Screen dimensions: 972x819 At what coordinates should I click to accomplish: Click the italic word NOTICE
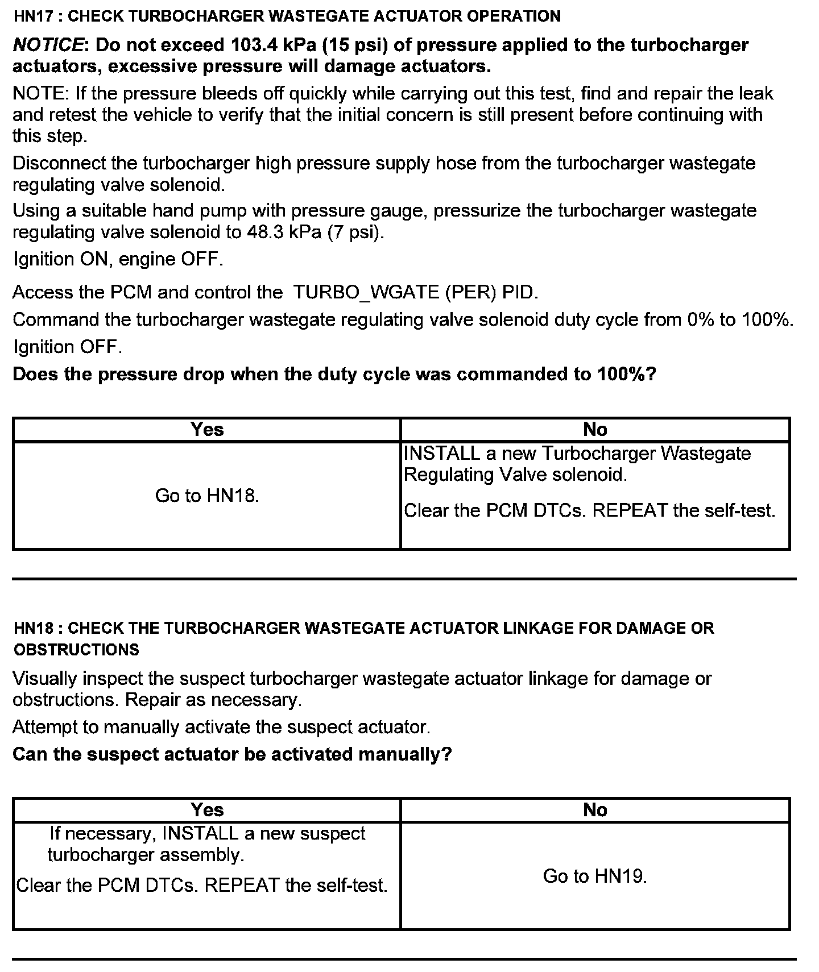48,45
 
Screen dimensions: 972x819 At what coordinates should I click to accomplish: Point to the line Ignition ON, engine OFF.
118,259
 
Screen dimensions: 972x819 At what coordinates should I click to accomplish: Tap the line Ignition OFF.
67,347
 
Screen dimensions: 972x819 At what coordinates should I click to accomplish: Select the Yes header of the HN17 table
207,430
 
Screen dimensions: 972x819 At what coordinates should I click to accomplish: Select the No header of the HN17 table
595,430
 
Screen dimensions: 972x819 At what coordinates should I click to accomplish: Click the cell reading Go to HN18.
207,496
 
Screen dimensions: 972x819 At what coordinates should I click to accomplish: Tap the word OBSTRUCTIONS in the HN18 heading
76,650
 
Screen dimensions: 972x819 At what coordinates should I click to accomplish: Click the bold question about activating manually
232,754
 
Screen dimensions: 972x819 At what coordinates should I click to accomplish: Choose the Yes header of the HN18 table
207,809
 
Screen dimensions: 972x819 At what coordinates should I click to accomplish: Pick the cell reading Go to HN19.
595,876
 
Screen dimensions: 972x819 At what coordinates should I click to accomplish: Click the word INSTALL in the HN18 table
200,833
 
